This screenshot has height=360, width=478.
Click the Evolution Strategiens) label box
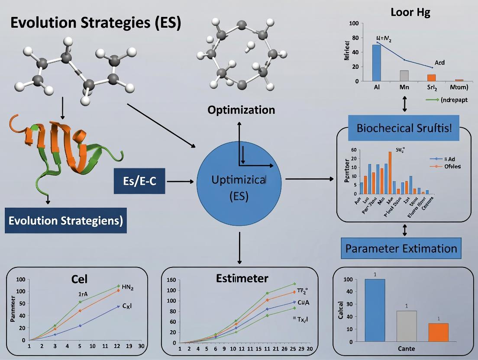click(66, 221)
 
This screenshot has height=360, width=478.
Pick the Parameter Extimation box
click(401, 249)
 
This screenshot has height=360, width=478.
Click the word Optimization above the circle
click(241, 110)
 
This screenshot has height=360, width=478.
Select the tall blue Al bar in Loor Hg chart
click(376, 63)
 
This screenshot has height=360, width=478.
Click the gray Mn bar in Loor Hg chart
click(404, 76)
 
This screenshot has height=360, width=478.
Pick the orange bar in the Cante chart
click(439, 332)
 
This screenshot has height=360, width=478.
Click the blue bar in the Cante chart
click(375, 311)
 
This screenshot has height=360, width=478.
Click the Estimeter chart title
click(242, 278)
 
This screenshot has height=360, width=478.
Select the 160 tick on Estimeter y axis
click(171, 280)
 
